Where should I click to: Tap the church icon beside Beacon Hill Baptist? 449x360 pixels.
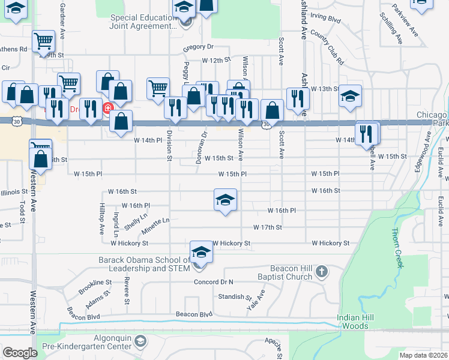click(x=322, y=271)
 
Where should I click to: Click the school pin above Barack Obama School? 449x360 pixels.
click(x=201, y=253)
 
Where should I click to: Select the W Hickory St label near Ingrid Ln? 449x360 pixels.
click(x=129, y=243)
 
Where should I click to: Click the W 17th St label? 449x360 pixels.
click(x=267, y=227)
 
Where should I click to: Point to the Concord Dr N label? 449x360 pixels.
click(x=213, y=282)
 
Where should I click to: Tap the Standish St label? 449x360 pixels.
click(x=234, y=296)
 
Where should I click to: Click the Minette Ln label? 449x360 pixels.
click(x=155, y=226)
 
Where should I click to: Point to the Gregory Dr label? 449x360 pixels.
click(x=198, y=47)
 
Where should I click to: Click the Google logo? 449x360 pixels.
click(x=20, y=353)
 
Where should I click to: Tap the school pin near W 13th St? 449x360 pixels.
click(x=350, y=96)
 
